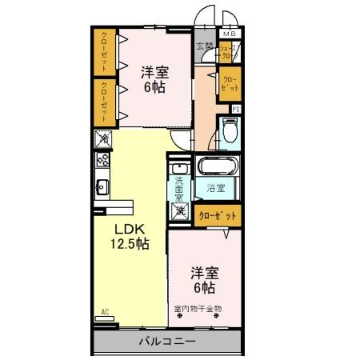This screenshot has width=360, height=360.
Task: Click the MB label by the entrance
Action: coord(230,34)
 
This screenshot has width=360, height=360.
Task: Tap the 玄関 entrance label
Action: coord(204,47)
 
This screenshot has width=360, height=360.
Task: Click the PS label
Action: coord(236,109)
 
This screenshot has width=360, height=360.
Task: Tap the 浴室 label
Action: coord(216,189)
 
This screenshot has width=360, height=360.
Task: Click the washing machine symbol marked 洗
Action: coord(181,213)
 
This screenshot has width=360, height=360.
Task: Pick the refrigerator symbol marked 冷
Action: coord(104,138)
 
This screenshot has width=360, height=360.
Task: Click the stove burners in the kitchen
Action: coord(103,159)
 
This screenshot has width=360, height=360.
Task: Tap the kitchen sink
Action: coord(103,188)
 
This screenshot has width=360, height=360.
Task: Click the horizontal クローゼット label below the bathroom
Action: coord(217,214)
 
